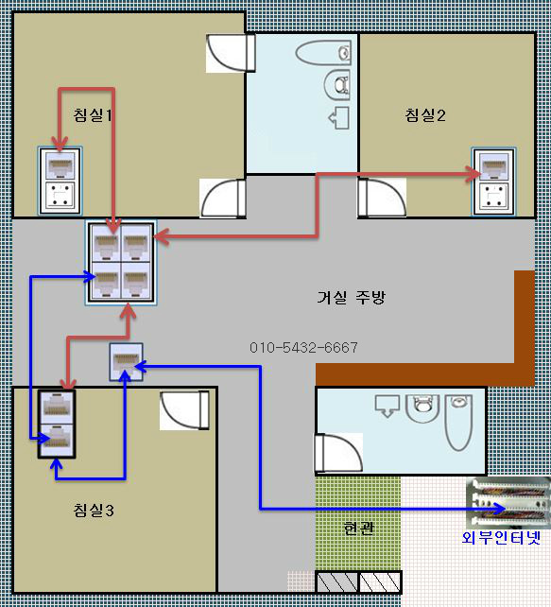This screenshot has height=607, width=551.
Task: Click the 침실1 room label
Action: tap(93, 115)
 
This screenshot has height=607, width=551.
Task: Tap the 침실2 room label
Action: tap(425, 115)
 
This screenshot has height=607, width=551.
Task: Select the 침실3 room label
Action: tap(94, 510)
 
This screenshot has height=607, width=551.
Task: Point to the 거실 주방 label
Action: tap(352, 297)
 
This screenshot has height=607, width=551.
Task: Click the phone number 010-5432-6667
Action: tap(303, 347)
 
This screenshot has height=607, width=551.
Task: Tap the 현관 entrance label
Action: tap(358, 528)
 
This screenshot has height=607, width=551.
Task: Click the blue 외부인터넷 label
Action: tap(501, 537)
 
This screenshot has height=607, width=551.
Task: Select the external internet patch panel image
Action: tap(508, 503)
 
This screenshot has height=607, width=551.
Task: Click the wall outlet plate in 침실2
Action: tap(493, 182)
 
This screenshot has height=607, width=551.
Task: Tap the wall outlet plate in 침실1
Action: tap(60, 181)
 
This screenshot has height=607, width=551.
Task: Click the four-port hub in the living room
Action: tap(121, 263)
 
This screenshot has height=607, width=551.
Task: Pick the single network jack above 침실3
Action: tap(126, 362)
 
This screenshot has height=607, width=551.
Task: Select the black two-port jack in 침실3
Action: tap(57, 425)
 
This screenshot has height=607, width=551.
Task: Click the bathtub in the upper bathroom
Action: tap(323, 53)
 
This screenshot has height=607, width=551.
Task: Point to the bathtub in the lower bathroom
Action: tap(458, 423)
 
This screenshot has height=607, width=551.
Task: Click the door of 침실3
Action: tap(184, 410)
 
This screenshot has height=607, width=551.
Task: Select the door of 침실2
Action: tap(382, 198)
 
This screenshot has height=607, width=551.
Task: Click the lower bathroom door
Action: tap(338, 453)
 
